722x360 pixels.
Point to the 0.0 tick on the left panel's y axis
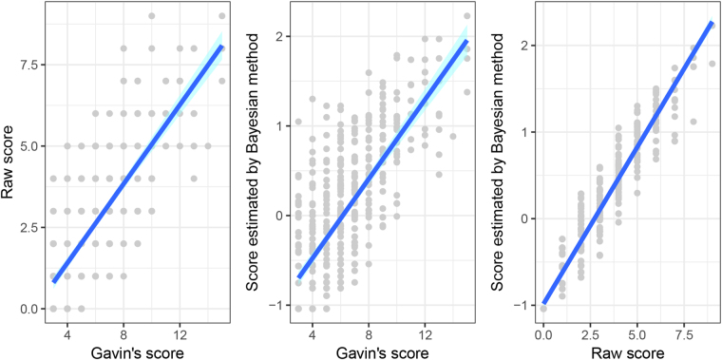click(28, 309)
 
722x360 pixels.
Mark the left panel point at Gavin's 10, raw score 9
click(152, 16)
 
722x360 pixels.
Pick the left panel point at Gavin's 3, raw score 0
click(53, 308)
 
